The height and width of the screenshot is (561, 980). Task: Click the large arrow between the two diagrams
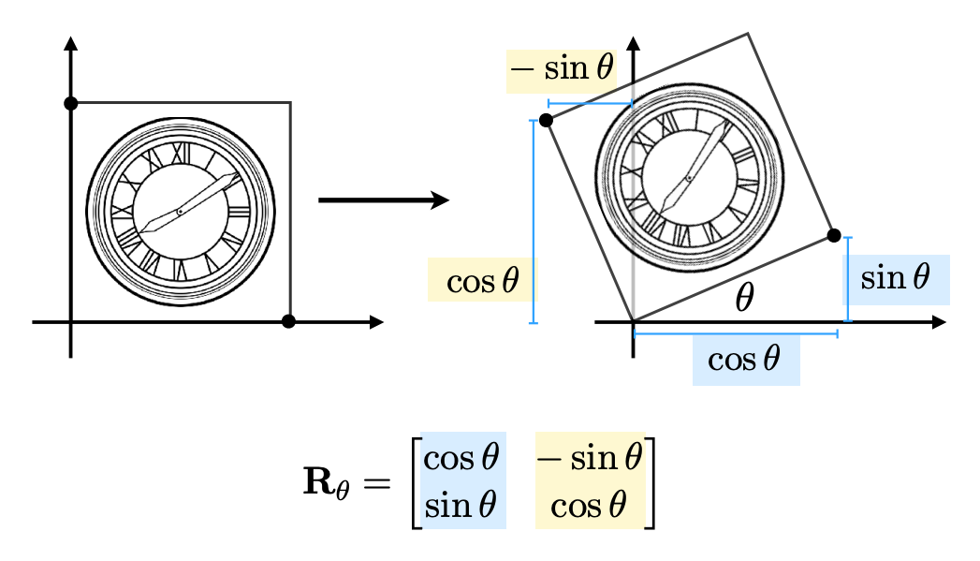384,200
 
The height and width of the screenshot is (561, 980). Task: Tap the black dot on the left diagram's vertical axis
70,103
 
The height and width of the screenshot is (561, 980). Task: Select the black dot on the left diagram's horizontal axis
288,321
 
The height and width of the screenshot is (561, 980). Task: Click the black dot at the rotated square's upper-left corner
546,120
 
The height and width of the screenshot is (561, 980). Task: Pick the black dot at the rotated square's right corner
834,235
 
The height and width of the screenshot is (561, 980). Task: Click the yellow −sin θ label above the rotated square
562,68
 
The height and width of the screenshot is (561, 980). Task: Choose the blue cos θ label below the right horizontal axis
744,360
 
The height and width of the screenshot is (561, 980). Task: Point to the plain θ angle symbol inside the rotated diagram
744,297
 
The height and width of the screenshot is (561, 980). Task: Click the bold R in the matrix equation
319,481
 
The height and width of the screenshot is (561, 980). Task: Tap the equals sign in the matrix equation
377,483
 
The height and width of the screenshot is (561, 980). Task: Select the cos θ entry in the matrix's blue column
461,458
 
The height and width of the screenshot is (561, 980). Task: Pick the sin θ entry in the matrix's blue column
461,505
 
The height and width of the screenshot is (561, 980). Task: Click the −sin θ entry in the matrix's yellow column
590,458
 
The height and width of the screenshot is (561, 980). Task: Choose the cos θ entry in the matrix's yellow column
588,506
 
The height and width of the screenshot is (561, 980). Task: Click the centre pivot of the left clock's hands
180,212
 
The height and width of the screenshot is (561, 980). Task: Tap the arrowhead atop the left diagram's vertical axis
70,43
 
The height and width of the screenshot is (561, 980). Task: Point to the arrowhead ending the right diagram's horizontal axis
939,322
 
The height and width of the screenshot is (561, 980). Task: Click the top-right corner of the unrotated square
290,103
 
